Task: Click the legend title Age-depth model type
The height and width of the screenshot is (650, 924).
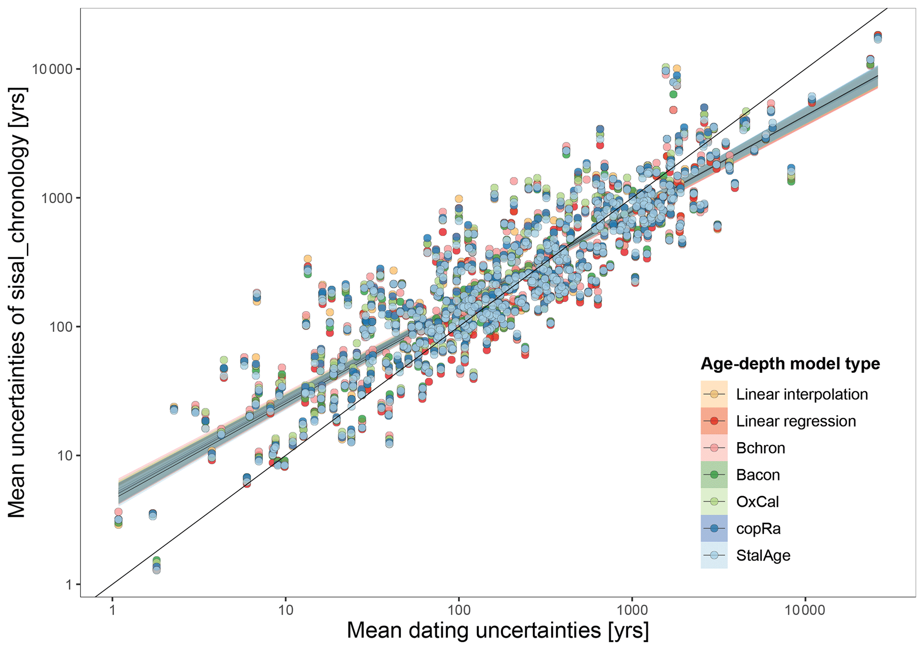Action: [790, 364]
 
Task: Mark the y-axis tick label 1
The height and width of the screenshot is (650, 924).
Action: [69, 584]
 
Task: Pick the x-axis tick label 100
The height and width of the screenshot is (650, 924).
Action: [459, 610]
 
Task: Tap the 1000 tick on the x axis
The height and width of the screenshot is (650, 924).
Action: [632, 610]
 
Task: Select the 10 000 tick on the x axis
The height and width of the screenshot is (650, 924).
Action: [805, 610]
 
